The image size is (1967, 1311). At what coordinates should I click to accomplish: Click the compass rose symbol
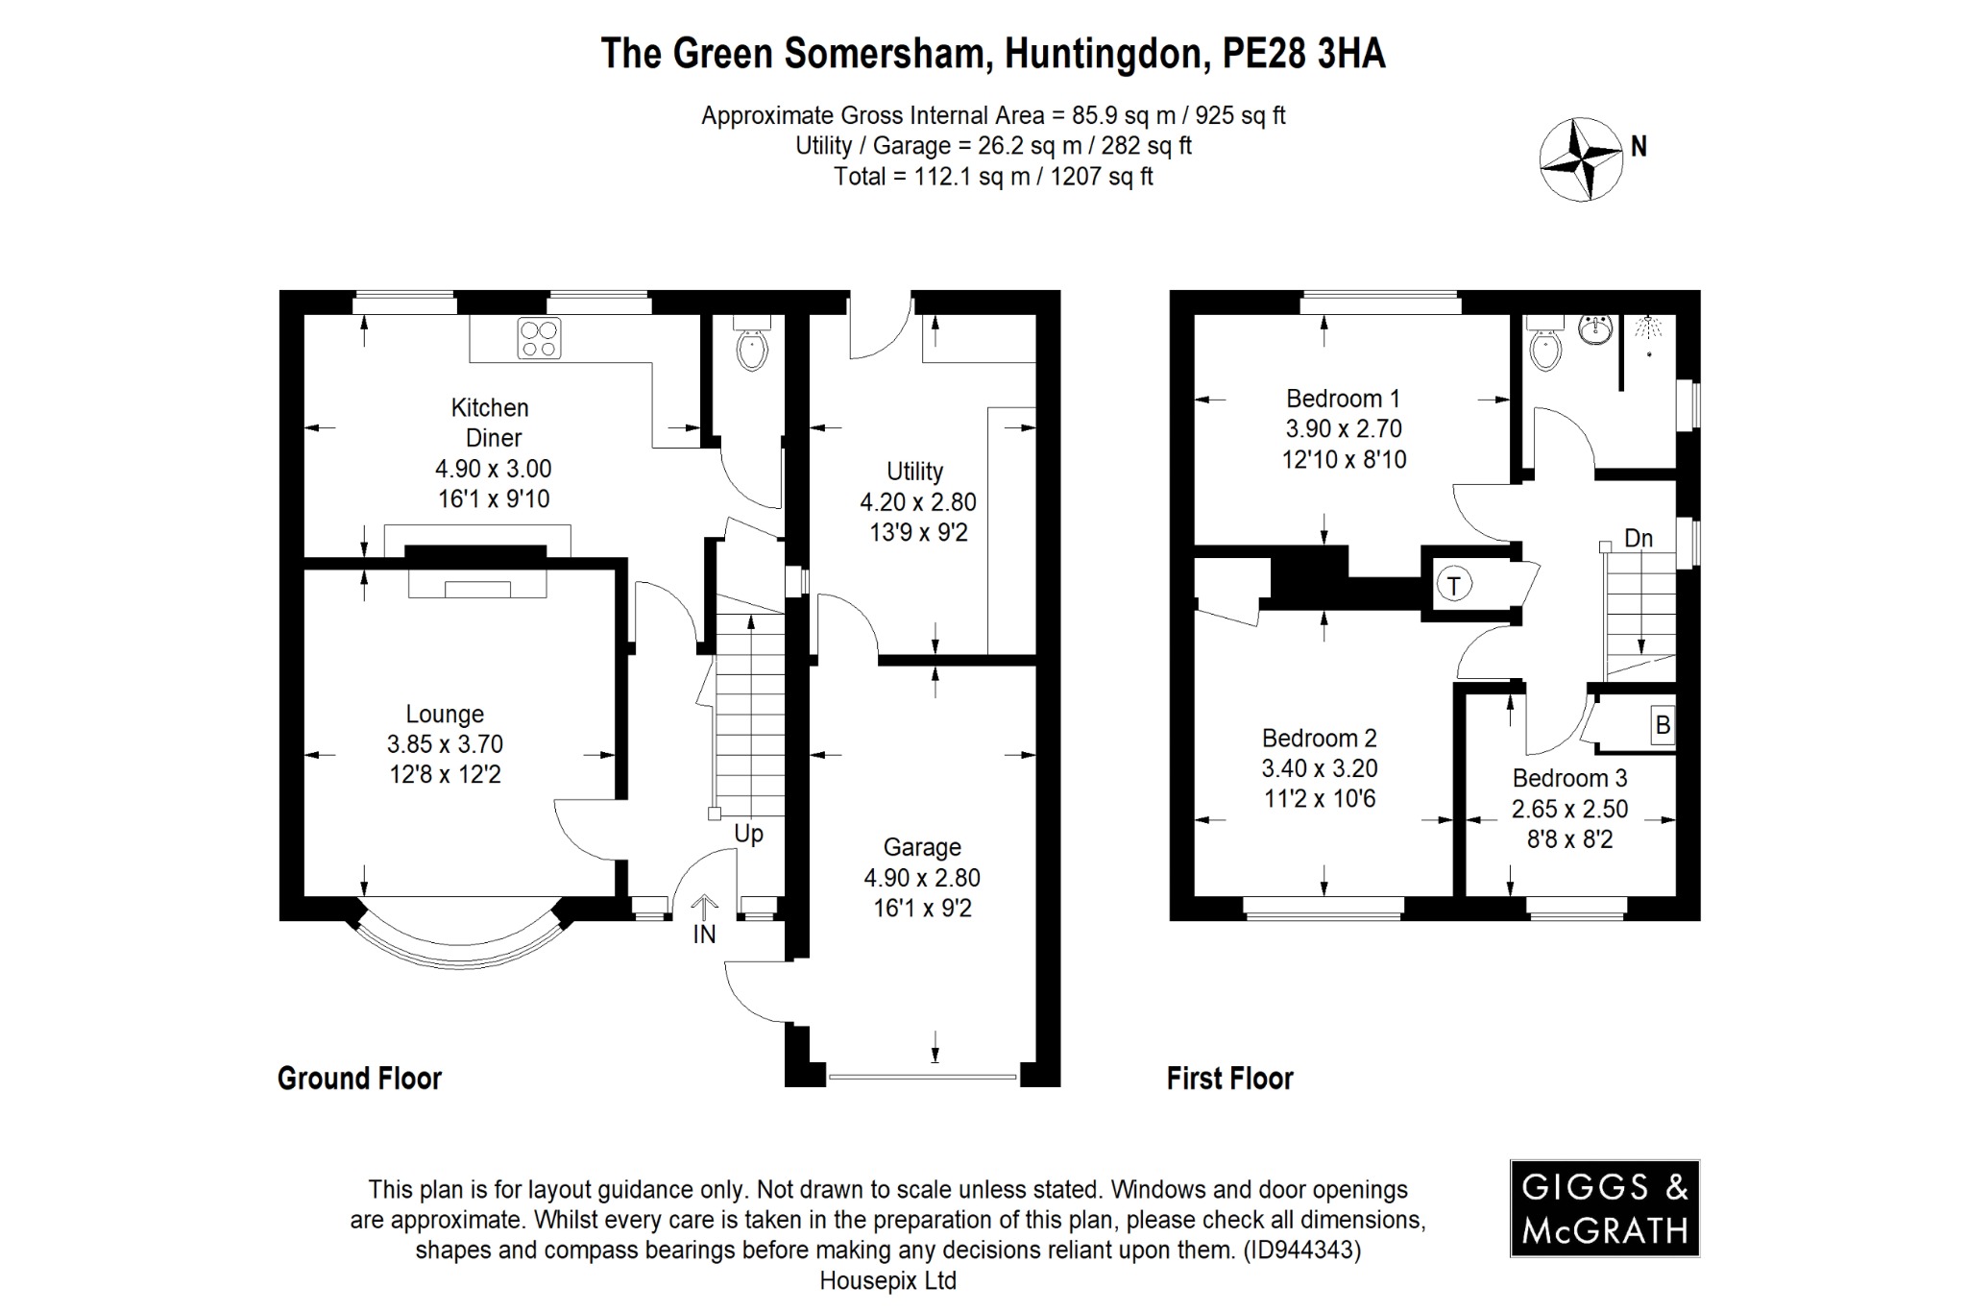tap(1581, 158)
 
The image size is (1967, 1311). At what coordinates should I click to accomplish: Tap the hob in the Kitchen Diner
tap(539, 338)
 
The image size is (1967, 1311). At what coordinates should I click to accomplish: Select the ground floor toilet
tap(751, 347)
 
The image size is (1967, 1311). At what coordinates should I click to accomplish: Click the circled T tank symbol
tap(1454, 584)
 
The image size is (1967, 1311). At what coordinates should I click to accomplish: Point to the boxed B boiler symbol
tap(1663, 725)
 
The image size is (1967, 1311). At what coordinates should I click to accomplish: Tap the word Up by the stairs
tap(748, 834)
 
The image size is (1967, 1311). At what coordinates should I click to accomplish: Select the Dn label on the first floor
tap(1639, 538)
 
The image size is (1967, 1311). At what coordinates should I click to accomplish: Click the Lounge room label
tap(445, 714)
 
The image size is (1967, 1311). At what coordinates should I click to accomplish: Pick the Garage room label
tap(922, 847)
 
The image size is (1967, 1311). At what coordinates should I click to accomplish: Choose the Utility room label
tap(914, 472)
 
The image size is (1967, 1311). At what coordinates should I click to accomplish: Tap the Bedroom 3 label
tap(1569, 778)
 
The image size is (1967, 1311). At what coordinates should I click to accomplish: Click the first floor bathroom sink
tap(1596, 330)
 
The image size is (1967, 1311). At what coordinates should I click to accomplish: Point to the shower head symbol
tap(1650, 327)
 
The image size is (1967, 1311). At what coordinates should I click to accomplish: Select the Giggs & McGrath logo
tap(1605, 1208)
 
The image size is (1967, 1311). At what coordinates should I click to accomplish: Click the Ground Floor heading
tap(359, 1079)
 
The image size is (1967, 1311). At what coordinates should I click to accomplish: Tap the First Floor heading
tap(1229, 1079)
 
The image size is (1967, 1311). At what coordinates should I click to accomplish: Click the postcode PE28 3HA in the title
tap(1303, 54)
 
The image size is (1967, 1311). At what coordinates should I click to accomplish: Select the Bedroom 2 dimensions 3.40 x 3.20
tap(1320, 768)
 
